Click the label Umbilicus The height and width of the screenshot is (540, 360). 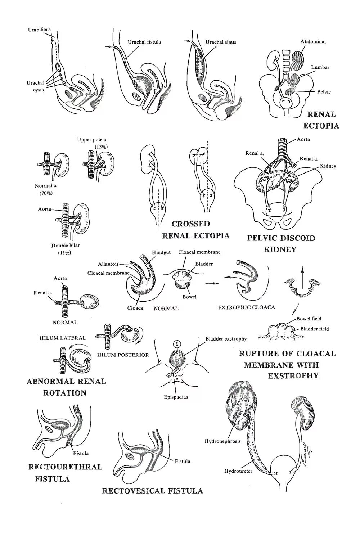tap(39, 30)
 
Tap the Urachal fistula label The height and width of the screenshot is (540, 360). tap(144, 42)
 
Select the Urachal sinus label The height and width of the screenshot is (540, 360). tap(221, 42)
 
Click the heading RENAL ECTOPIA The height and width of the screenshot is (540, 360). tap(321, 120)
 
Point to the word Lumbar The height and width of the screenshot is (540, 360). tap(320, 67)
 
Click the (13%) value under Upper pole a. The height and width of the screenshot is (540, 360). tap(101, 147)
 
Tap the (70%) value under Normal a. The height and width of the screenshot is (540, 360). tap(46, 193)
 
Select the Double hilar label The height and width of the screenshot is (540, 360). tap(65, 246)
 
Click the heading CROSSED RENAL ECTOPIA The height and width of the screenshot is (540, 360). tap(195, 230)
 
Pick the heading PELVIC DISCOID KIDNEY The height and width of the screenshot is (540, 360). tap(281, 243)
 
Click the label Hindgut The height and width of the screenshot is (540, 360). tap(161, 253)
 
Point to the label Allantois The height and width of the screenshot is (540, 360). tap(108, 264)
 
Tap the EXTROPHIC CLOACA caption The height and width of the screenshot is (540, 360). tap(246, 307)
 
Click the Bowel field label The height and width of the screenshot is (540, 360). tap(309, 319)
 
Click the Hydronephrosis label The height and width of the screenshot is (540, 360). tap(222, 441)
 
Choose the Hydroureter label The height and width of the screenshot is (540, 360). tap(238, 471)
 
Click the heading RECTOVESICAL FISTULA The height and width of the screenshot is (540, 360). tap(153, 491)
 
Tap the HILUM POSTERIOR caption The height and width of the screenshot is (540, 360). tap(123, 355)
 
